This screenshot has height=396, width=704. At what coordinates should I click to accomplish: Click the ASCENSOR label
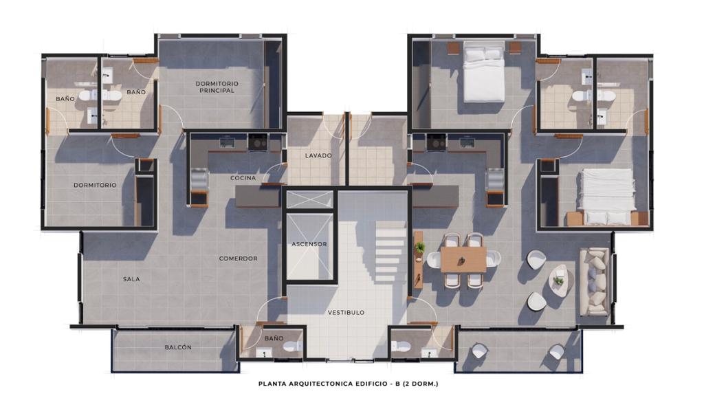pyautogui.click(x=309, y=244)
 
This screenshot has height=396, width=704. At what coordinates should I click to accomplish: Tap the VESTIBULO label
pyautogui.click(x=346, y=313)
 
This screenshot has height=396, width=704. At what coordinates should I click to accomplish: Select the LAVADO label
pyautogui.click(x=318, y=156)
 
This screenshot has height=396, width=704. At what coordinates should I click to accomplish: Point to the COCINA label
pyautogui.click(x=243, y=178)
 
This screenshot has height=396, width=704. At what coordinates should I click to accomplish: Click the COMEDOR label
pyautogui.click(x=238, y=258)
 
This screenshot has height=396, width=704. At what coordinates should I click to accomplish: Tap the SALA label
pyautogui.click(x=131, y=279)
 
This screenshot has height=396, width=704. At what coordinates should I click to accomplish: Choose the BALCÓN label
pyautogui.click(x=178, y=347)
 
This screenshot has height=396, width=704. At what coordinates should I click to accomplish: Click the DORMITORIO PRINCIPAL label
pyautogui.click(x=217, y=87)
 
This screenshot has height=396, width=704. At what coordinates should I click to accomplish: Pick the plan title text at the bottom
pyautogui.click(x=349, y=384)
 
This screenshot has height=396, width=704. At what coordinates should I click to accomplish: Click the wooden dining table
pyautogui.click(x=463, y=259)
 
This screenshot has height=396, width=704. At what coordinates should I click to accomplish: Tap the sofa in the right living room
pyautogui.click(x=595, y=281)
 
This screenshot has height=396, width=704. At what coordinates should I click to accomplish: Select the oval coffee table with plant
pyautogui.click(x=560, y=280)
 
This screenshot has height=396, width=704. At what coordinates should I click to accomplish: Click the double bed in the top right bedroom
pyautogui.click(x=483, y=71)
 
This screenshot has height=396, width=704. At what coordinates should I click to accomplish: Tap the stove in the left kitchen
pyautogui.click(x=257, y=142)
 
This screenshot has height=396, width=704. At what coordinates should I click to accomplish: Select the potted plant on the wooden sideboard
pyautogui.click(x=420, y=247)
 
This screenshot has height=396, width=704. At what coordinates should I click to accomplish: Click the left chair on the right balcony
pyautogui.click(x=478, y=350)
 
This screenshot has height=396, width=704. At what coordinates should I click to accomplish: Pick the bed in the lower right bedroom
pyautogui.click(x=606, y=196)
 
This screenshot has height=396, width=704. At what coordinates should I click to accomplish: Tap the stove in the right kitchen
pyautogui.click(x=436, y=142)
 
